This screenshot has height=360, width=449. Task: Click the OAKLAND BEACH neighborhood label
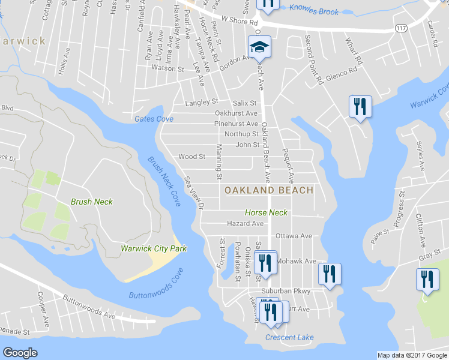tap(269, 190)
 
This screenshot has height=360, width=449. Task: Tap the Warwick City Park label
tap(154, 248)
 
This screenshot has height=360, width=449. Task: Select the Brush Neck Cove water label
tap(164, 182)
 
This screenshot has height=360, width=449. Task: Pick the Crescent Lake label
tap(289, 337)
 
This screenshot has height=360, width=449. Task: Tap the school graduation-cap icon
tap(259, 47)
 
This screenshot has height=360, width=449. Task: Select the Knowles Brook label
tap(313, 11)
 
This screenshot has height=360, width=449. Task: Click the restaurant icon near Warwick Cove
tap(360, 107)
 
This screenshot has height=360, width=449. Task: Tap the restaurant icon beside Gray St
tap(427, 280)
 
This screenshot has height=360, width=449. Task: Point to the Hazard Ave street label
tap(245, 223)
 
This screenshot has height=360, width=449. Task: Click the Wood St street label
tap(192, 157)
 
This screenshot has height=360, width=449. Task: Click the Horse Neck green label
tap(266, 212)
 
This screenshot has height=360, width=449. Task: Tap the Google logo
tap(20, 353)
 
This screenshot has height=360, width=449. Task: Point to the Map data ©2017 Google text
tap(411, 355)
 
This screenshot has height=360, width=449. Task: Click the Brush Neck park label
tap(92, 202)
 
